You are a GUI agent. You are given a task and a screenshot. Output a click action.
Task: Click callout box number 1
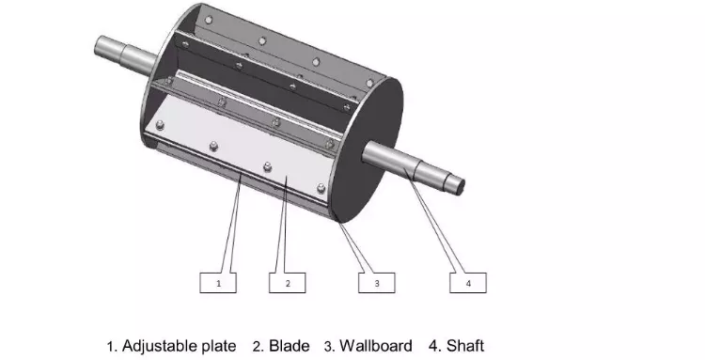tap(218, 283)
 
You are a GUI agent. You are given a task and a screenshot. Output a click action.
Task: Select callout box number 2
tap(288, 283)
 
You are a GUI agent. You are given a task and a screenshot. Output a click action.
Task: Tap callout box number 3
tap(377, 283)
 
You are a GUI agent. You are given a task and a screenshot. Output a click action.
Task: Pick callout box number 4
tap(468, 283)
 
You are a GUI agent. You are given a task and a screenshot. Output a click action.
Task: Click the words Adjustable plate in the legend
tap(179, 346)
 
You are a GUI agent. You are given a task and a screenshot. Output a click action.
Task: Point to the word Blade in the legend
tap(290, 346)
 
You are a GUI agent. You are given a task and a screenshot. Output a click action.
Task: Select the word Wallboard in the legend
tap(375, 346)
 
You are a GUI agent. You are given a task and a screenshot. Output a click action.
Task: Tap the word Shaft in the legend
tap(465, 346)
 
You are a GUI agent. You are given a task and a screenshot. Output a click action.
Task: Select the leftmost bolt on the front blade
tap(160, 125)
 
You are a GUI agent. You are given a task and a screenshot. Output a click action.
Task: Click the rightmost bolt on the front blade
tap(321, 188)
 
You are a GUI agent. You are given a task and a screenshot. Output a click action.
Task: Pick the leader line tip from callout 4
tap(404, 169)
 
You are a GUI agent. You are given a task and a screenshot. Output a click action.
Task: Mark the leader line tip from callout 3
tap(338, 220)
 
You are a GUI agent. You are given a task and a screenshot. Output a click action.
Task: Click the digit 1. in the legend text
tap(113, 347)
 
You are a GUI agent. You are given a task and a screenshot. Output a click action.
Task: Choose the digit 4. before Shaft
tap(434, 346)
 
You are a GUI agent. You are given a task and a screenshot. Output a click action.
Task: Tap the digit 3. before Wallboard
tap(330, 347)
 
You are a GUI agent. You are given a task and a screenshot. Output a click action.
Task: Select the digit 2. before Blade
tap(258, 347)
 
